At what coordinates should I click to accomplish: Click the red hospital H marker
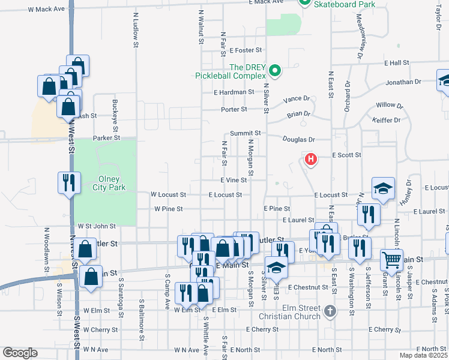(x=310, y=159)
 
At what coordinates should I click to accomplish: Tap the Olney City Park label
(x=106, y=183)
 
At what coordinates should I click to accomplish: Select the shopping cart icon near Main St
(x=391, y=259)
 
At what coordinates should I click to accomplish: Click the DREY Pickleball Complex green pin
(x=275, y=71)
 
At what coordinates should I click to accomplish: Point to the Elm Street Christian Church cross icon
(x=329, y=311)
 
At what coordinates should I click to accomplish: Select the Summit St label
(x=245, y=133)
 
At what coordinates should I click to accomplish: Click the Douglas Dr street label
(x=300, y=140)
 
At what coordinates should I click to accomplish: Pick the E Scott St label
(x=346, y=155)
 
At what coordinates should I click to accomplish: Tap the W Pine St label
(x=168, y=209)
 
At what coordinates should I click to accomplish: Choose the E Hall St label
(x=397, y=62)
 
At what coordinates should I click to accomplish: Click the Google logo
(x=20, y=353)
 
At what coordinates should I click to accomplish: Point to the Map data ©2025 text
(x=423, y=355)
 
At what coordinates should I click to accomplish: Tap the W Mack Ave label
(x=46, y=10)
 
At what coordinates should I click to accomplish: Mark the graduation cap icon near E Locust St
(x=382, y=188)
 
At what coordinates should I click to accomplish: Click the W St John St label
(x=97, y=226)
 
